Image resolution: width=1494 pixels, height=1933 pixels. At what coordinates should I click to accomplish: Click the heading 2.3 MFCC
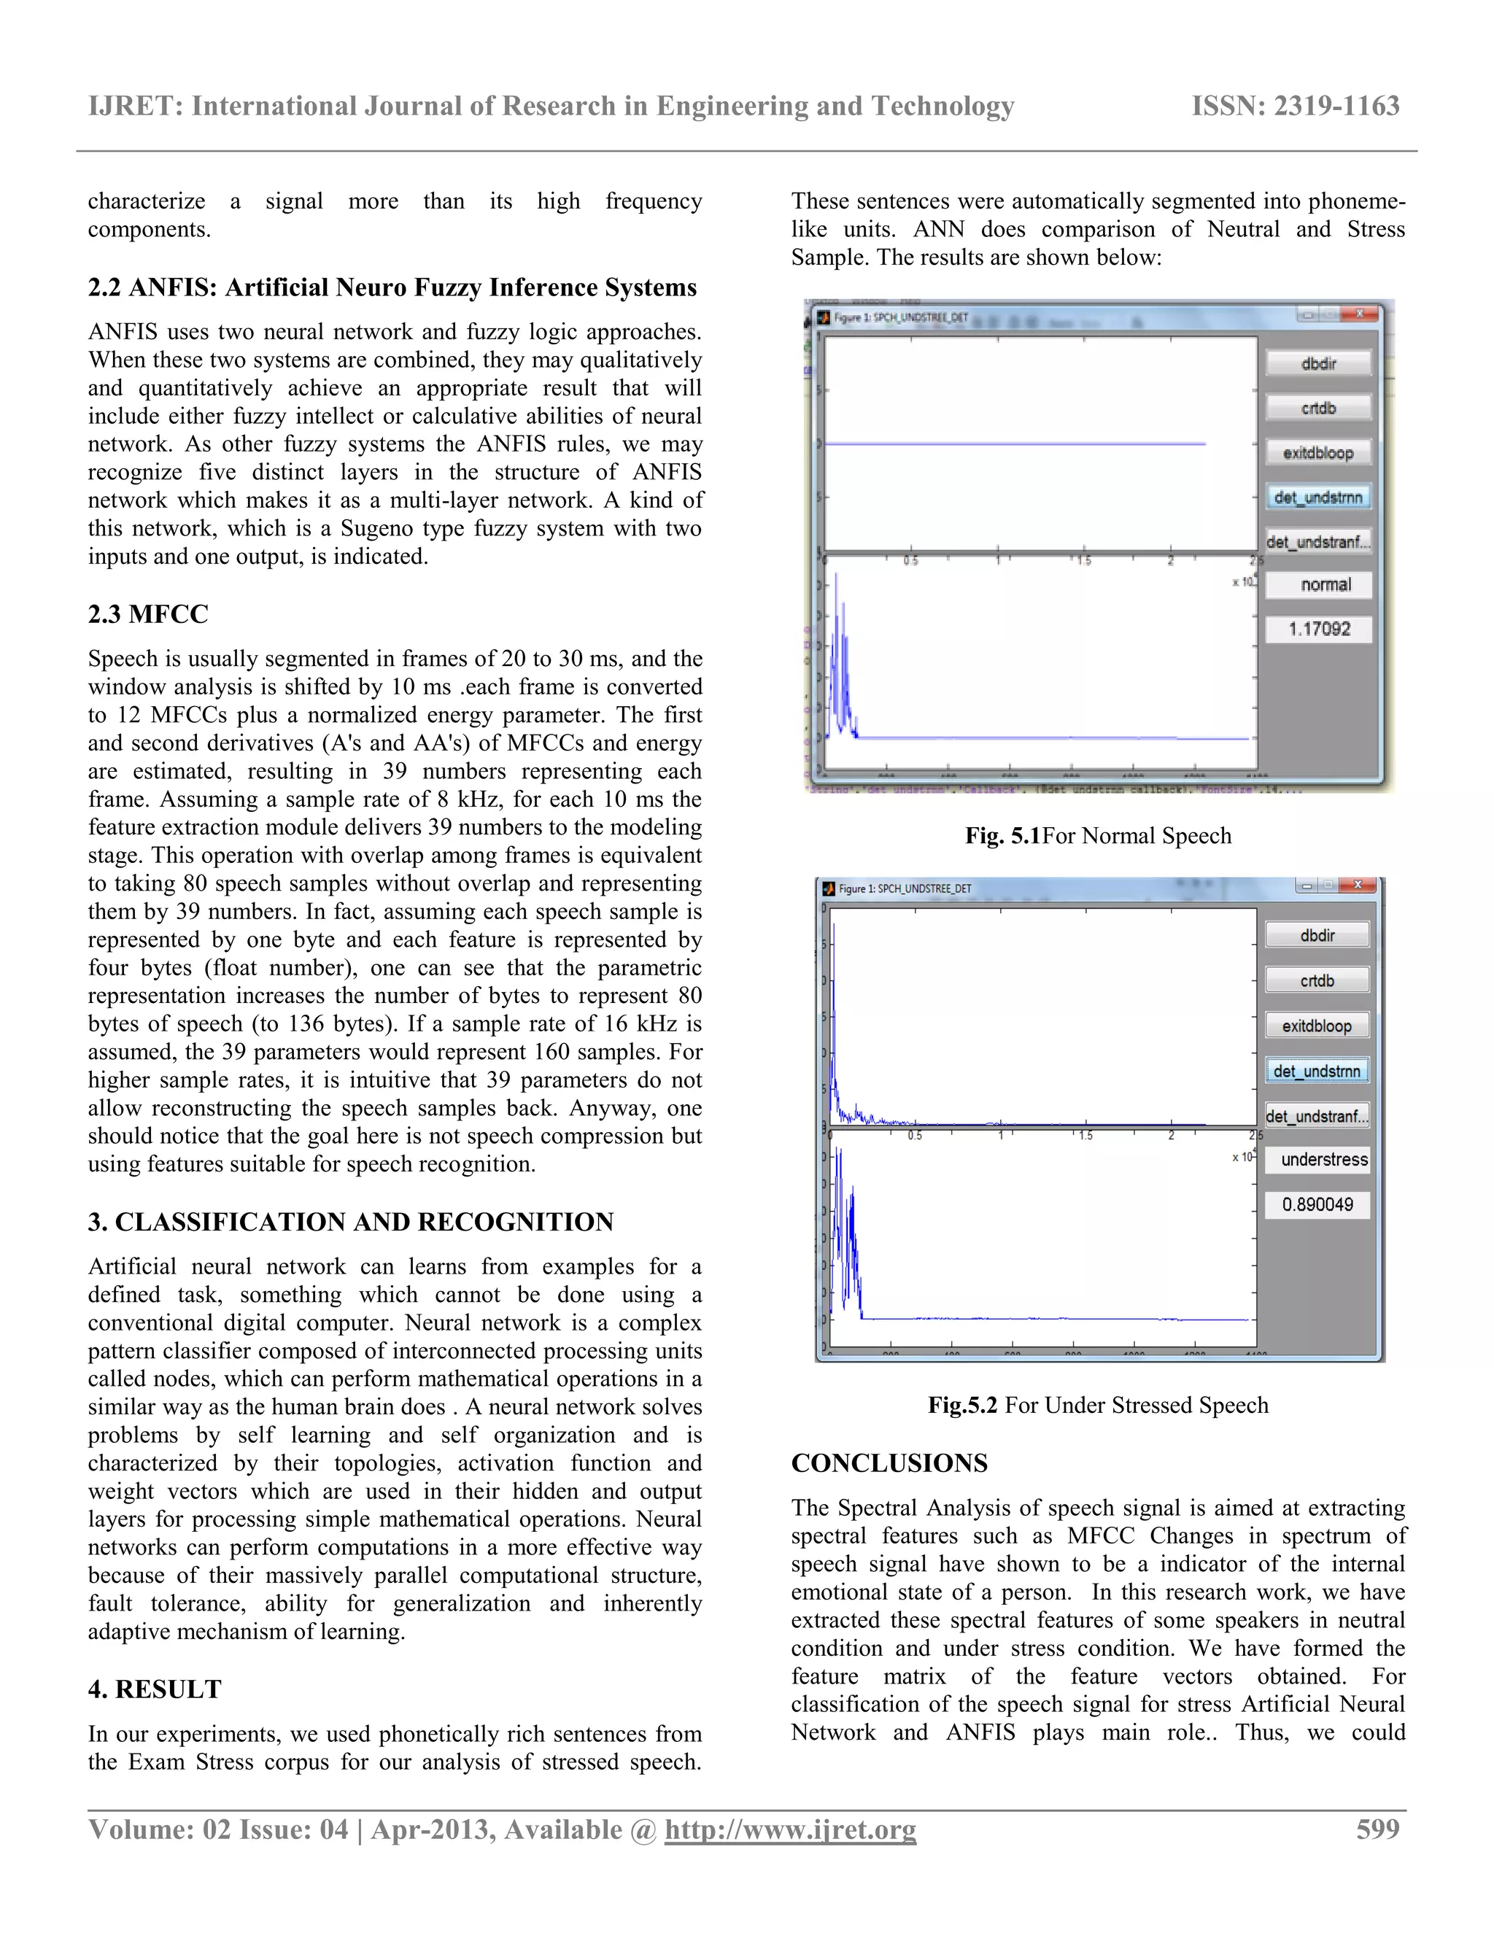148,614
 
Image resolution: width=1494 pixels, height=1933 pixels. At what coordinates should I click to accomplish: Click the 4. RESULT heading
154,1689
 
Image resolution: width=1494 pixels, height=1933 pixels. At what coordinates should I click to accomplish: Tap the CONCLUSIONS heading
889,1463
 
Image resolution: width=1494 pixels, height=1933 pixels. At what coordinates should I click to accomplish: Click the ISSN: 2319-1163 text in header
1295,106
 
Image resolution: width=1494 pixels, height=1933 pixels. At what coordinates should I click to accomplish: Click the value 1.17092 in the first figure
1319,630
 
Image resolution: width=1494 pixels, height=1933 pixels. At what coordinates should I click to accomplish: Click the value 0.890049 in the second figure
1317,1204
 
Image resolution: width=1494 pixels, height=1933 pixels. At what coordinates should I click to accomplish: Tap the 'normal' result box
1319,584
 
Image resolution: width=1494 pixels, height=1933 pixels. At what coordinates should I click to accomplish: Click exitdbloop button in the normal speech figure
1318,452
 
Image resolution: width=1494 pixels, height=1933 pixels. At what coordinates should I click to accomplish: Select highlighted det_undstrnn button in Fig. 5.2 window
1317,1071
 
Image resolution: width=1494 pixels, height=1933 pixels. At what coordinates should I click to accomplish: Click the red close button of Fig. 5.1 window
1360,314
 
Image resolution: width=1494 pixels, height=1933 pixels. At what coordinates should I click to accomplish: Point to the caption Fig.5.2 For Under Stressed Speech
1097,1405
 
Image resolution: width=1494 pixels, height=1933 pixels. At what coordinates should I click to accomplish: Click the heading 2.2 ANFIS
391,287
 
